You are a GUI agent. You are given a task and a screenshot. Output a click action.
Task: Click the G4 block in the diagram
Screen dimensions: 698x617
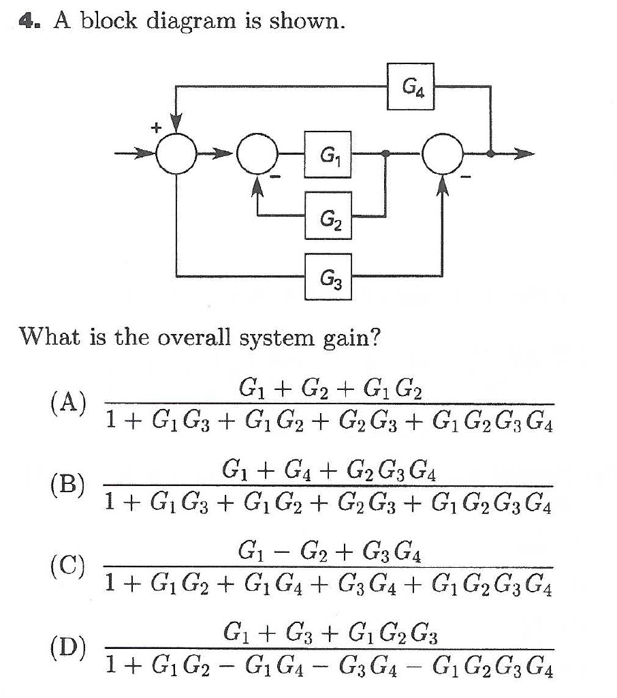411,86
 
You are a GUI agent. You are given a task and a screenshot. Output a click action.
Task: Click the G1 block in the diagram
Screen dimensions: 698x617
328,155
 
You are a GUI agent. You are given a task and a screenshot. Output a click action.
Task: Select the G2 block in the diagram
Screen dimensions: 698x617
328,215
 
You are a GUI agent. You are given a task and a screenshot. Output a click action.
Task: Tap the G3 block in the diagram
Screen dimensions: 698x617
328,276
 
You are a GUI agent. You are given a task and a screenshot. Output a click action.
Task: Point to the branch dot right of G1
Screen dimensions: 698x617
387,155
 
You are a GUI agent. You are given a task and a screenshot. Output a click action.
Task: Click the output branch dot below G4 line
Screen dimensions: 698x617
491,155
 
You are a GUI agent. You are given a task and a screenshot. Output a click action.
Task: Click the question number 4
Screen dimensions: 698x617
26,22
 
